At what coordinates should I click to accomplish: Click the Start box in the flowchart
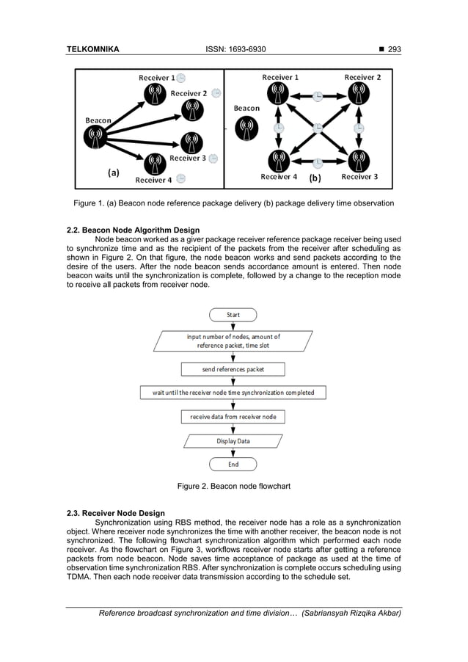tap(233, 315)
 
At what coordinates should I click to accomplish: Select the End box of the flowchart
tap(233, 464)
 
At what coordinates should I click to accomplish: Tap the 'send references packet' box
tap(233, 369)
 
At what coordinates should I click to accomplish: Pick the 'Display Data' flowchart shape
tap(233, 441)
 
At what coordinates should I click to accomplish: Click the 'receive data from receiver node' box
tap(233, 417)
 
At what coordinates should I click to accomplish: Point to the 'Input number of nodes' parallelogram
tap(233, 341)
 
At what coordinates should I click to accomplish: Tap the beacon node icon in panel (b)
tap(246, 129)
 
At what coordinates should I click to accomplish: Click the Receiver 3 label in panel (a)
tap(186, 158)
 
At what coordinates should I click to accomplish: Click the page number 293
tap(394, 50)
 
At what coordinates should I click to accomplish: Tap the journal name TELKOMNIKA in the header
tap(93, 50)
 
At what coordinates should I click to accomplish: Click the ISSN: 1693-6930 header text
tap(234, 50)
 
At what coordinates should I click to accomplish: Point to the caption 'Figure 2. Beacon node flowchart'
tap(234, 485)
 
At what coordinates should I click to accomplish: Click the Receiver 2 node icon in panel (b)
tap(359, 93)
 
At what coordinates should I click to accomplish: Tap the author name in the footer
tap(352, 613)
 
